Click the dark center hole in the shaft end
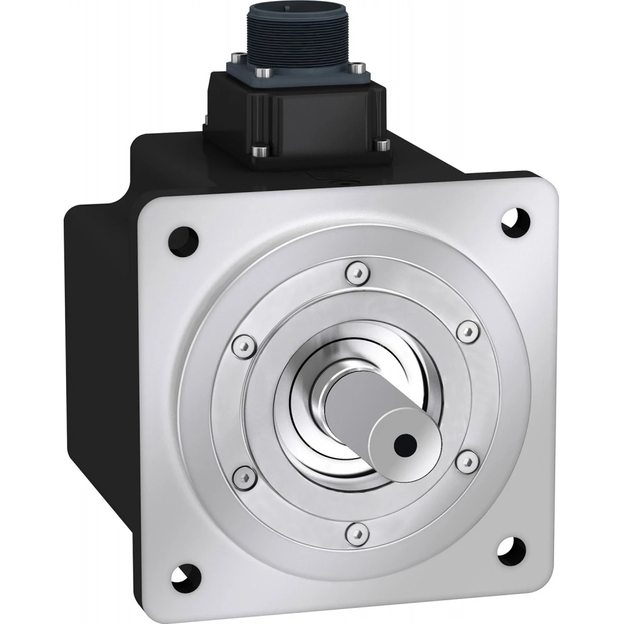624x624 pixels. click(x=405, y=444)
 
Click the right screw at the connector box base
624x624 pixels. click(x=379, y=145)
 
